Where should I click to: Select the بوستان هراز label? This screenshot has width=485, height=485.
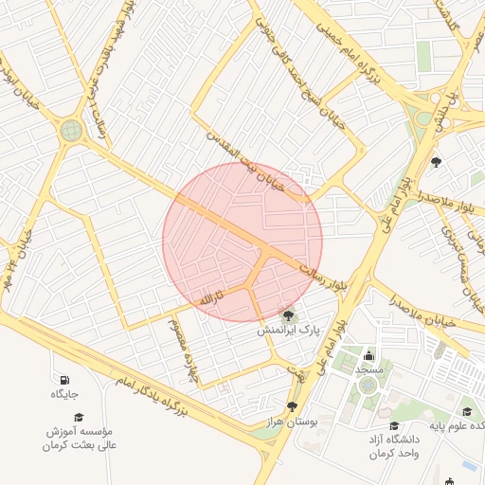[x=290, y=420]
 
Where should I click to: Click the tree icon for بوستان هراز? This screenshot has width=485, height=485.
[x=292, y=405]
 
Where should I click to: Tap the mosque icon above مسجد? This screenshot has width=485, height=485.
[x=368, y=356]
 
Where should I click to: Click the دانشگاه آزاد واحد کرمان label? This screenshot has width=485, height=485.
[x=394, y=447]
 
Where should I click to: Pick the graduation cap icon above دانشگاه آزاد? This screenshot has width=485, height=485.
[x=394, y=426]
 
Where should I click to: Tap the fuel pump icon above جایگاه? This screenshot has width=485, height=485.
[x=64, y=380]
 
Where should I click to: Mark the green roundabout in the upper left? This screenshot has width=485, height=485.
[x=71, y=131]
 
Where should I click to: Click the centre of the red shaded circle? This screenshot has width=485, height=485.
[x=242, y=242]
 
